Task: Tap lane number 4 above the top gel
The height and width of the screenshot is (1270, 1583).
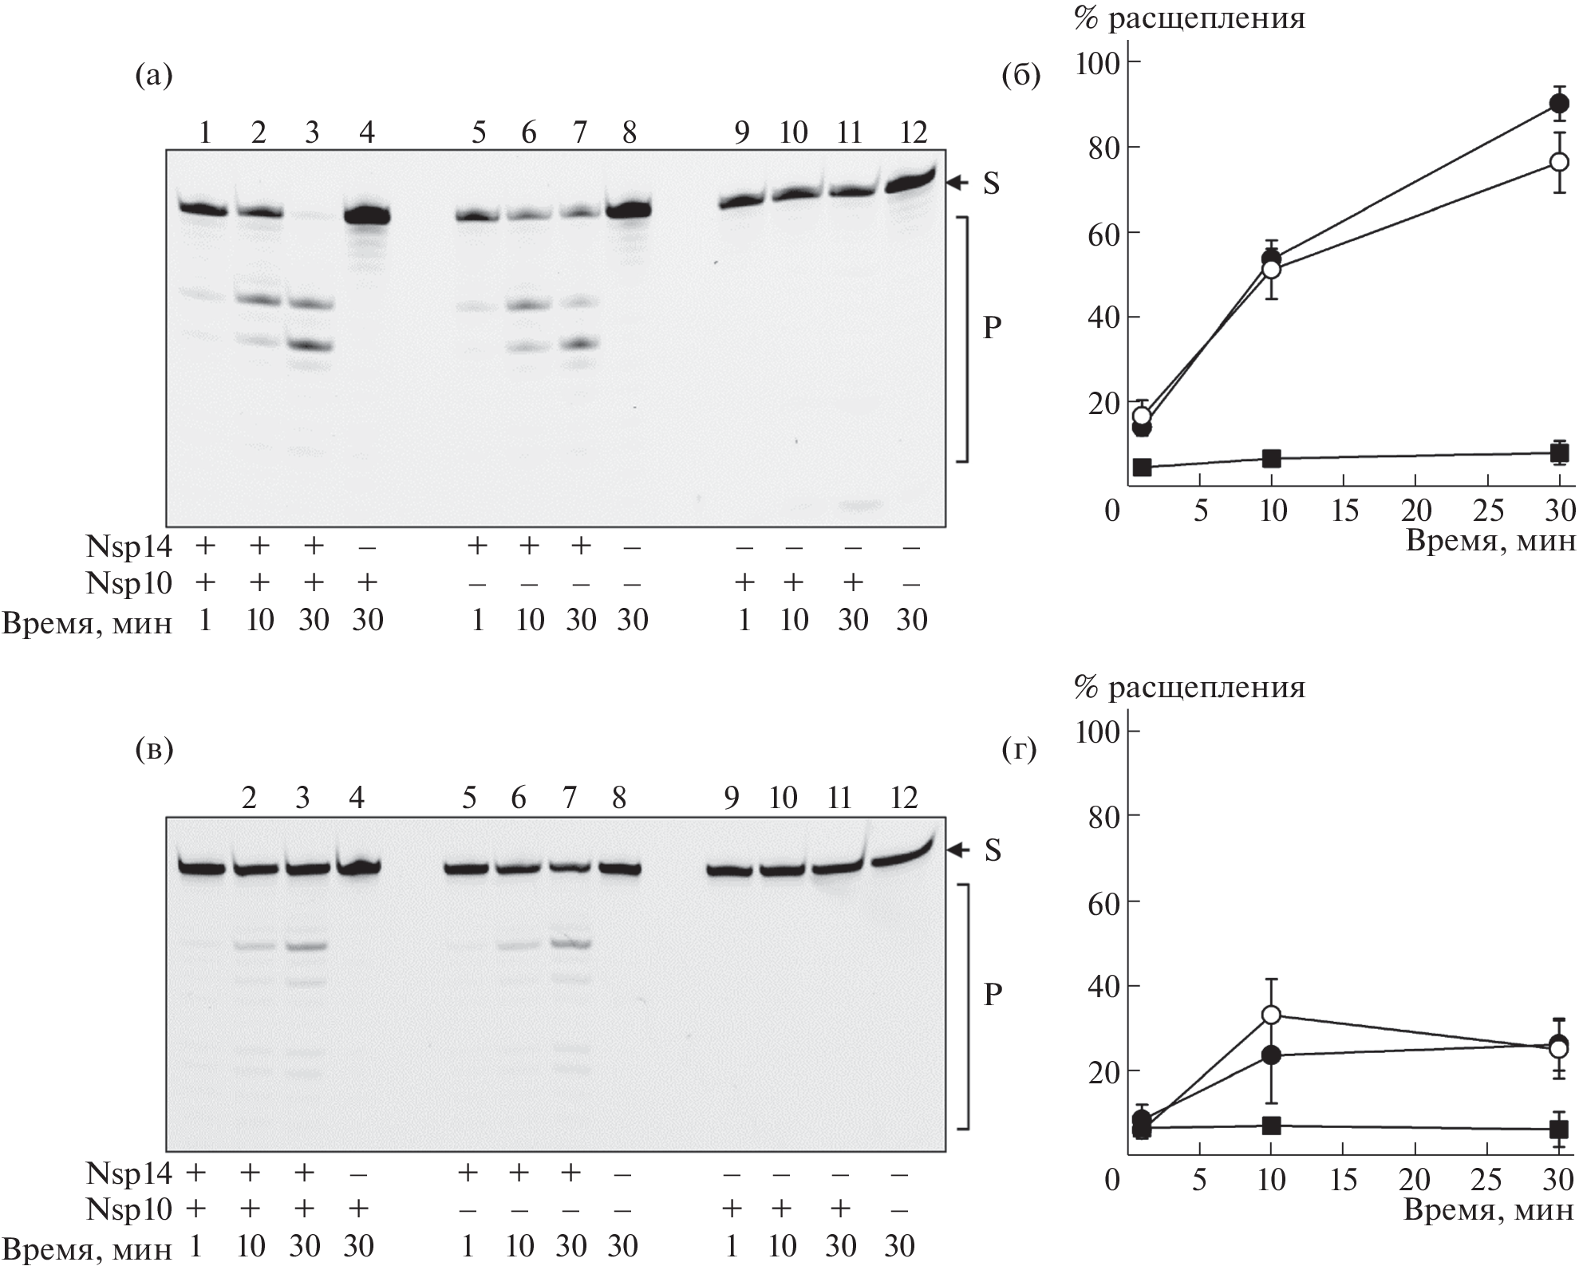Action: [366, 132]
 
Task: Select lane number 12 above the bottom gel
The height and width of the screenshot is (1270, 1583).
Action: [903, 797]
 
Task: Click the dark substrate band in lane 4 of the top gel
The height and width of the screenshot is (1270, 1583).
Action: [366, 215]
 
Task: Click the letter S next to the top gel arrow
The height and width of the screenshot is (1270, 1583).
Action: [991, 184]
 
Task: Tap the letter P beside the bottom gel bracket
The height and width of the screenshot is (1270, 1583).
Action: [993, 994]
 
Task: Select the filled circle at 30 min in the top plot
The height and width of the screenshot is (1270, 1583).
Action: [1558, 104]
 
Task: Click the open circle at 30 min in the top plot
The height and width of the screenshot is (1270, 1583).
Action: [1558, 162]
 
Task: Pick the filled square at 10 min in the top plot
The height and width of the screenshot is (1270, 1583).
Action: [1271, 458]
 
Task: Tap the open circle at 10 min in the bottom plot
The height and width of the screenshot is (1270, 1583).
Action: [1271, 1015]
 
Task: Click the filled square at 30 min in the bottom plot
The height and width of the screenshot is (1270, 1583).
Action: [1558, 1129]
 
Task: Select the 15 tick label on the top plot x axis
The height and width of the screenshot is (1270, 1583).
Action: [1344, 510]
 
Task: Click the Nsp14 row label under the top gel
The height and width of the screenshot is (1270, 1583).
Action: [128, 546]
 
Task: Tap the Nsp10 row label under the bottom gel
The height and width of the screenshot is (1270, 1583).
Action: [128, 1209]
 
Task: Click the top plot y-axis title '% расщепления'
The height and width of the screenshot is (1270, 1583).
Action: [1189, 18]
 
